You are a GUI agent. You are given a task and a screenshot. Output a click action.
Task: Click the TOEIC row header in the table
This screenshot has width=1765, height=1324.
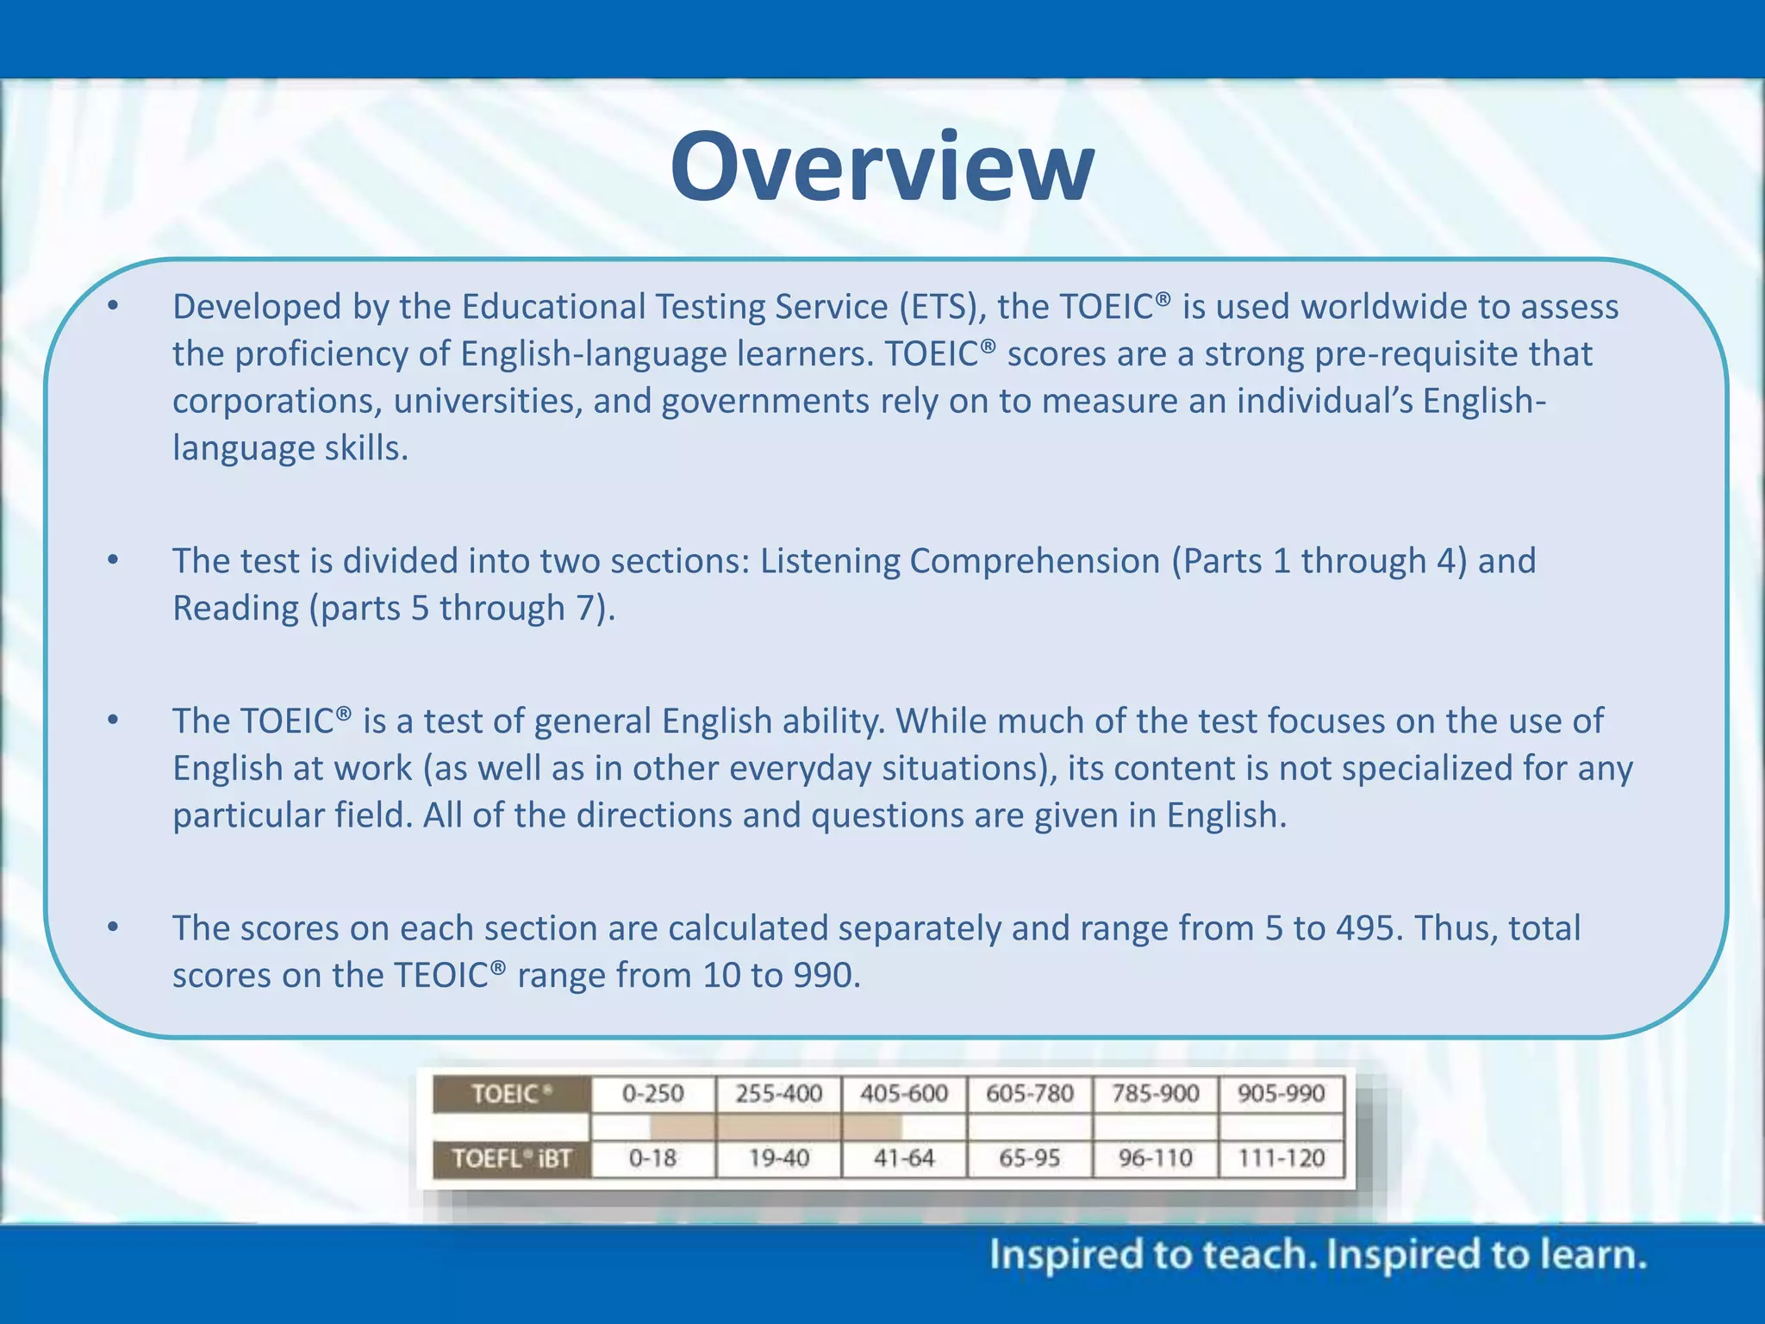[x=512, y=1094]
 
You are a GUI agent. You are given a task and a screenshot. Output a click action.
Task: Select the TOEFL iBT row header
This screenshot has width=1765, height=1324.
[x=512, y=1158]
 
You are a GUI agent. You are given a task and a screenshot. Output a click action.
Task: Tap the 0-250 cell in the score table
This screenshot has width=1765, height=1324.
[x=652, y=1094]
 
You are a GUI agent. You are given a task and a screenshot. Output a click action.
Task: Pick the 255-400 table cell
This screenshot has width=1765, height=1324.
[x=778, y=1094]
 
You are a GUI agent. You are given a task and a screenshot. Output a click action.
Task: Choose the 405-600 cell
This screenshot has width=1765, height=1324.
[x=904, y=1094]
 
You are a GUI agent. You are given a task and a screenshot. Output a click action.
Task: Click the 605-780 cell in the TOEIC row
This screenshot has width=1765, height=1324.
[x=1030, y=1094]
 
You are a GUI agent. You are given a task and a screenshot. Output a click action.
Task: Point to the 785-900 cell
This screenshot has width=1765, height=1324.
[x=1156, y=1094]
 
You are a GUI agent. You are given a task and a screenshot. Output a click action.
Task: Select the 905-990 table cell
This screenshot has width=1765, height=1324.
[x=1282, y=1094]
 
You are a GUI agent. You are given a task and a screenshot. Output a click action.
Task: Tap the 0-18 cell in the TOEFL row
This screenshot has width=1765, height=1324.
[x=652, y=1158]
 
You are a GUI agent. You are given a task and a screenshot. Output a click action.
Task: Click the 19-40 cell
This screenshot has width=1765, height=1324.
[x=778, y=1158]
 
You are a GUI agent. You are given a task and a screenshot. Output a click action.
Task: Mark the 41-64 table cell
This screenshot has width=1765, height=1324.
[x=904, y=1158]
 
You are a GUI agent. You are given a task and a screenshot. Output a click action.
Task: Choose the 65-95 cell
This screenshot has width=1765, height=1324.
[x=1030, y=1158]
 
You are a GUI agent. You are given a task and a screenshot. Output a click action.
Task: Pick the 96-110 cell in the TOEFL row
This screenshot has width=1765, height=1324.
[x=1156, y=1158]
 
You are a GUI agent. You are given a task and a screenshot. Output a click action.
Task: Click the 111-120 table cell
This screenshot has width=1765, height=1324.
[x=1282, y=1158]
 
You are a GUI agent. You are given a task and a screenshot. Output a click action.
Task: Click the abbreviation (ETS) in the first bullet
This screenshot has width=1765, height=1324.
[x=943, y=307]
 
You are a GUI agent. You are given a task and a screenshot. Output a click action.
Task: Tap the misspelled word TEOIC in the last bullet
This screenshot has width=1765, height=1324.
[x=442, y=975]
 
